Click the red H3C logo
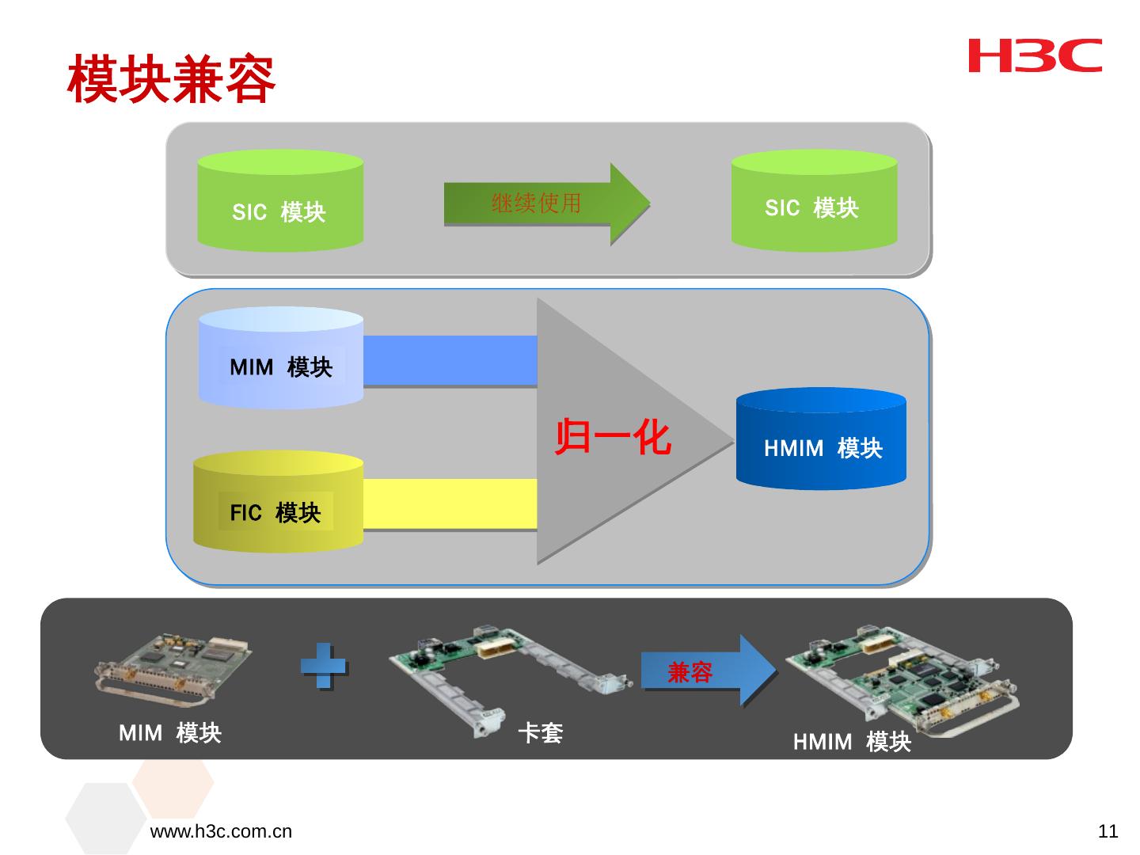click(1035, 55)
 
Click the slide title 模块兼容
click(171, 79)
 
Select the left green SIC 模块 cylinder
click(280, 202)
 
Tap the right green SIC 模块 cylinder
click(814, 201)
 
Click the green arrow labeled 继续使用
click(546, 204)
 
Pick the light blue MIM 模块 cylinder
click(280, 359)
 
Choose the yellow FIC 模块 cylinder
click(278, 502)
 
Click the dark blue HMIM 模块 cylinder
click(821, 439)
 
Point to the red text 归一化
click(613, 438)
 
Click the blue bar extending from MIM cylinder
click(450, 360)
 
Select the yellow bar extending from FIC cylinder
click(450, 503)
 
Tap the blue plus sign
click(323, 667)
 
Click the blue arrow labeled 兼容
click(707, 671)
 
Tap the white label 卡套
click(541, 734)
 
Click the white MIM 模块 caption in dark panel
click(169, 734)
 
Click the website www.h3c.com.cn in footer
click(221, 832)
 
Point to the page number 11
click(1108, 832)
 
